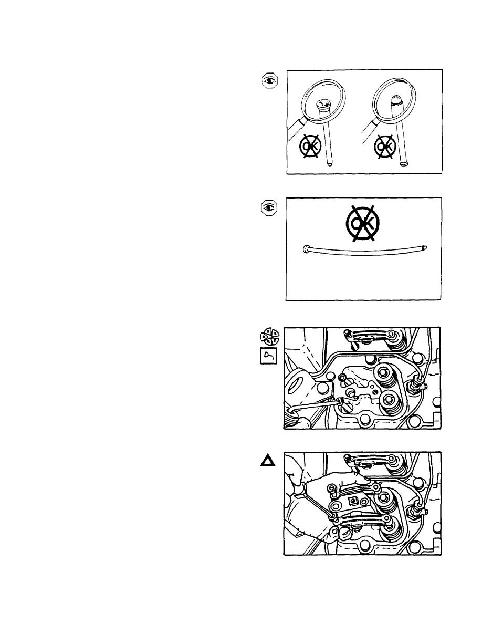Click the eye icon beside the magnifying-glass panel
click(270, 81)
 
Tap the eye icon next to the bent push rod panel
click(269, 207)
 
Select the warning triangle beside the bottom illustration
click(267, 461)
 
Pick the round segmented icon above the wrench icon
click(270, 336)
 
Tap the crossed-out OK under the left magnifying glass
click(310, 146)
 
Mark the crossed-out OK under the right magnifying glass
click(384, 147)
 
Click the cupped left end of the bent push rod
click(307, 249)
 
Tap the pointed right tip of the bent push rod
click(425, 247)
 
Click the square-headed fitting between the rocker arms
click(352, 500)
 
